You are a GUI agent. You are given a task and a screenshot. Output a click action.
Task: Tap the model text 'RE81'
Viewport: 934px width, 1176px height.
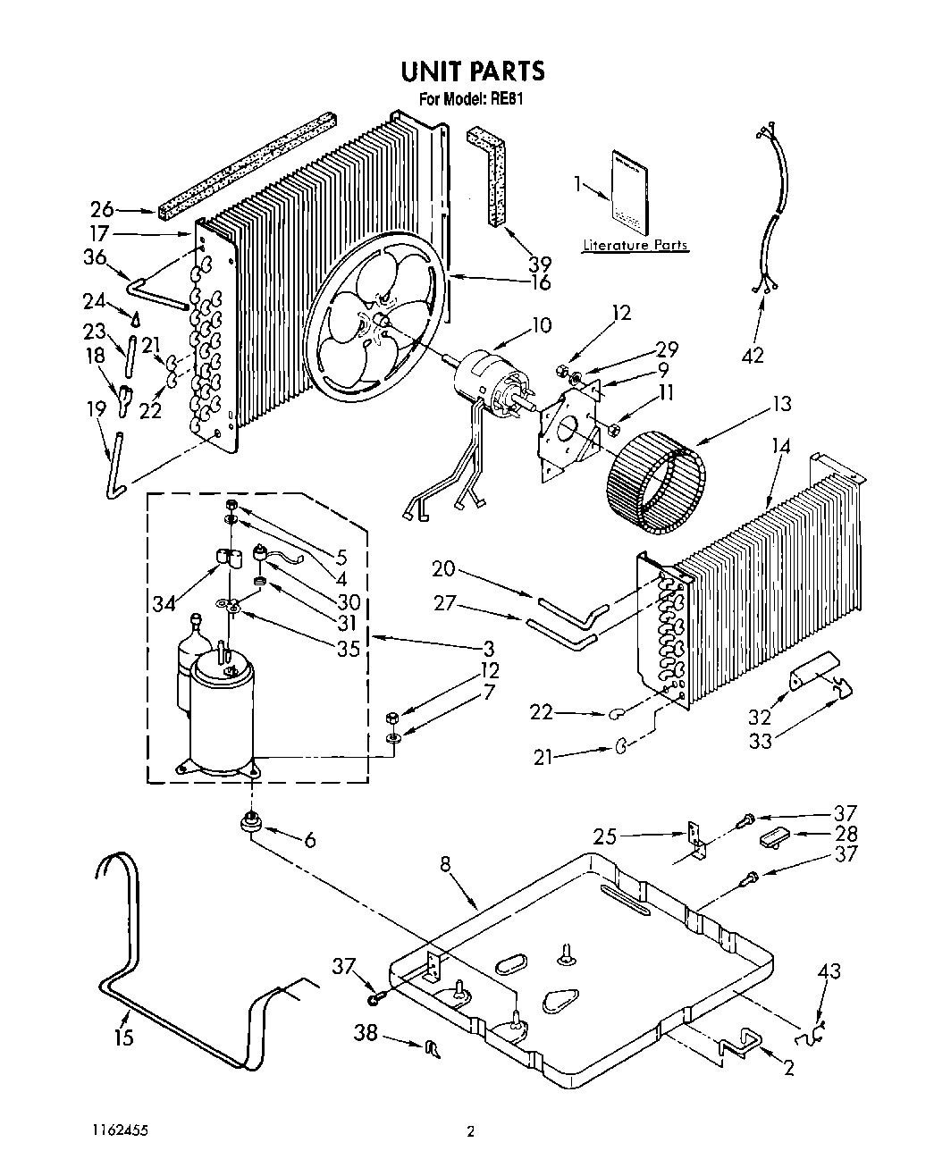(506, 100)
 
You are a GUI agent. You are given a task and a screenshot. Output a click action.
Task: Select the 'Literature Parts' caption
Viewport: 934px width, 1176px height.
(635, 245)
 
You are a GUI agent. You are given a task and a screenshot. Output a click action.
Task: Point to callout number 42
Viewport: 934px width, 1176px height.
(753, 355)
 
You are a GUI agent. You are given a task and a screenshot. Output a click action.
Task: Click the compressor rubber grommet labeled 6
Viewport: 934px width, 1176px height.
(253, 823)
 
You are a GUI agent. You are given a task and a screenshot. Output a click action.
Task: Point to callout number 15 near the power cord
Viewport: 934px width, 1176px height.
(123, 1037)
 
